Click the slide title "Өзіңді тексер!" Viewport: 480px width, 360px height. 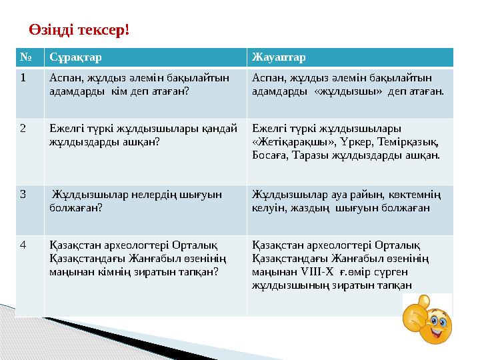pos(79,30)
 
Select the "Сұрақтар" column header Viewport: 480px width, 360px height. pos(75,57)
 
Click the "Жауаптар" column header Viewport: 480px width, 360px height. pos(279,57)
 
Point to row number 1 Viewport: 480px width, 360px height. pos(23,77)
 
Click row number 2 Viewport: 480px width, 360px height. pos(23,128)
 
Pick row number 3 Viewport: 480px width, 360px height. pos(23,195)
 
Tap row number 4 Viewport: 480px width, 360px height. pos(23,244)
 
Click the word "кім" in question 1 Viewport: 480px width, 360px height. pos(129,90)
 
